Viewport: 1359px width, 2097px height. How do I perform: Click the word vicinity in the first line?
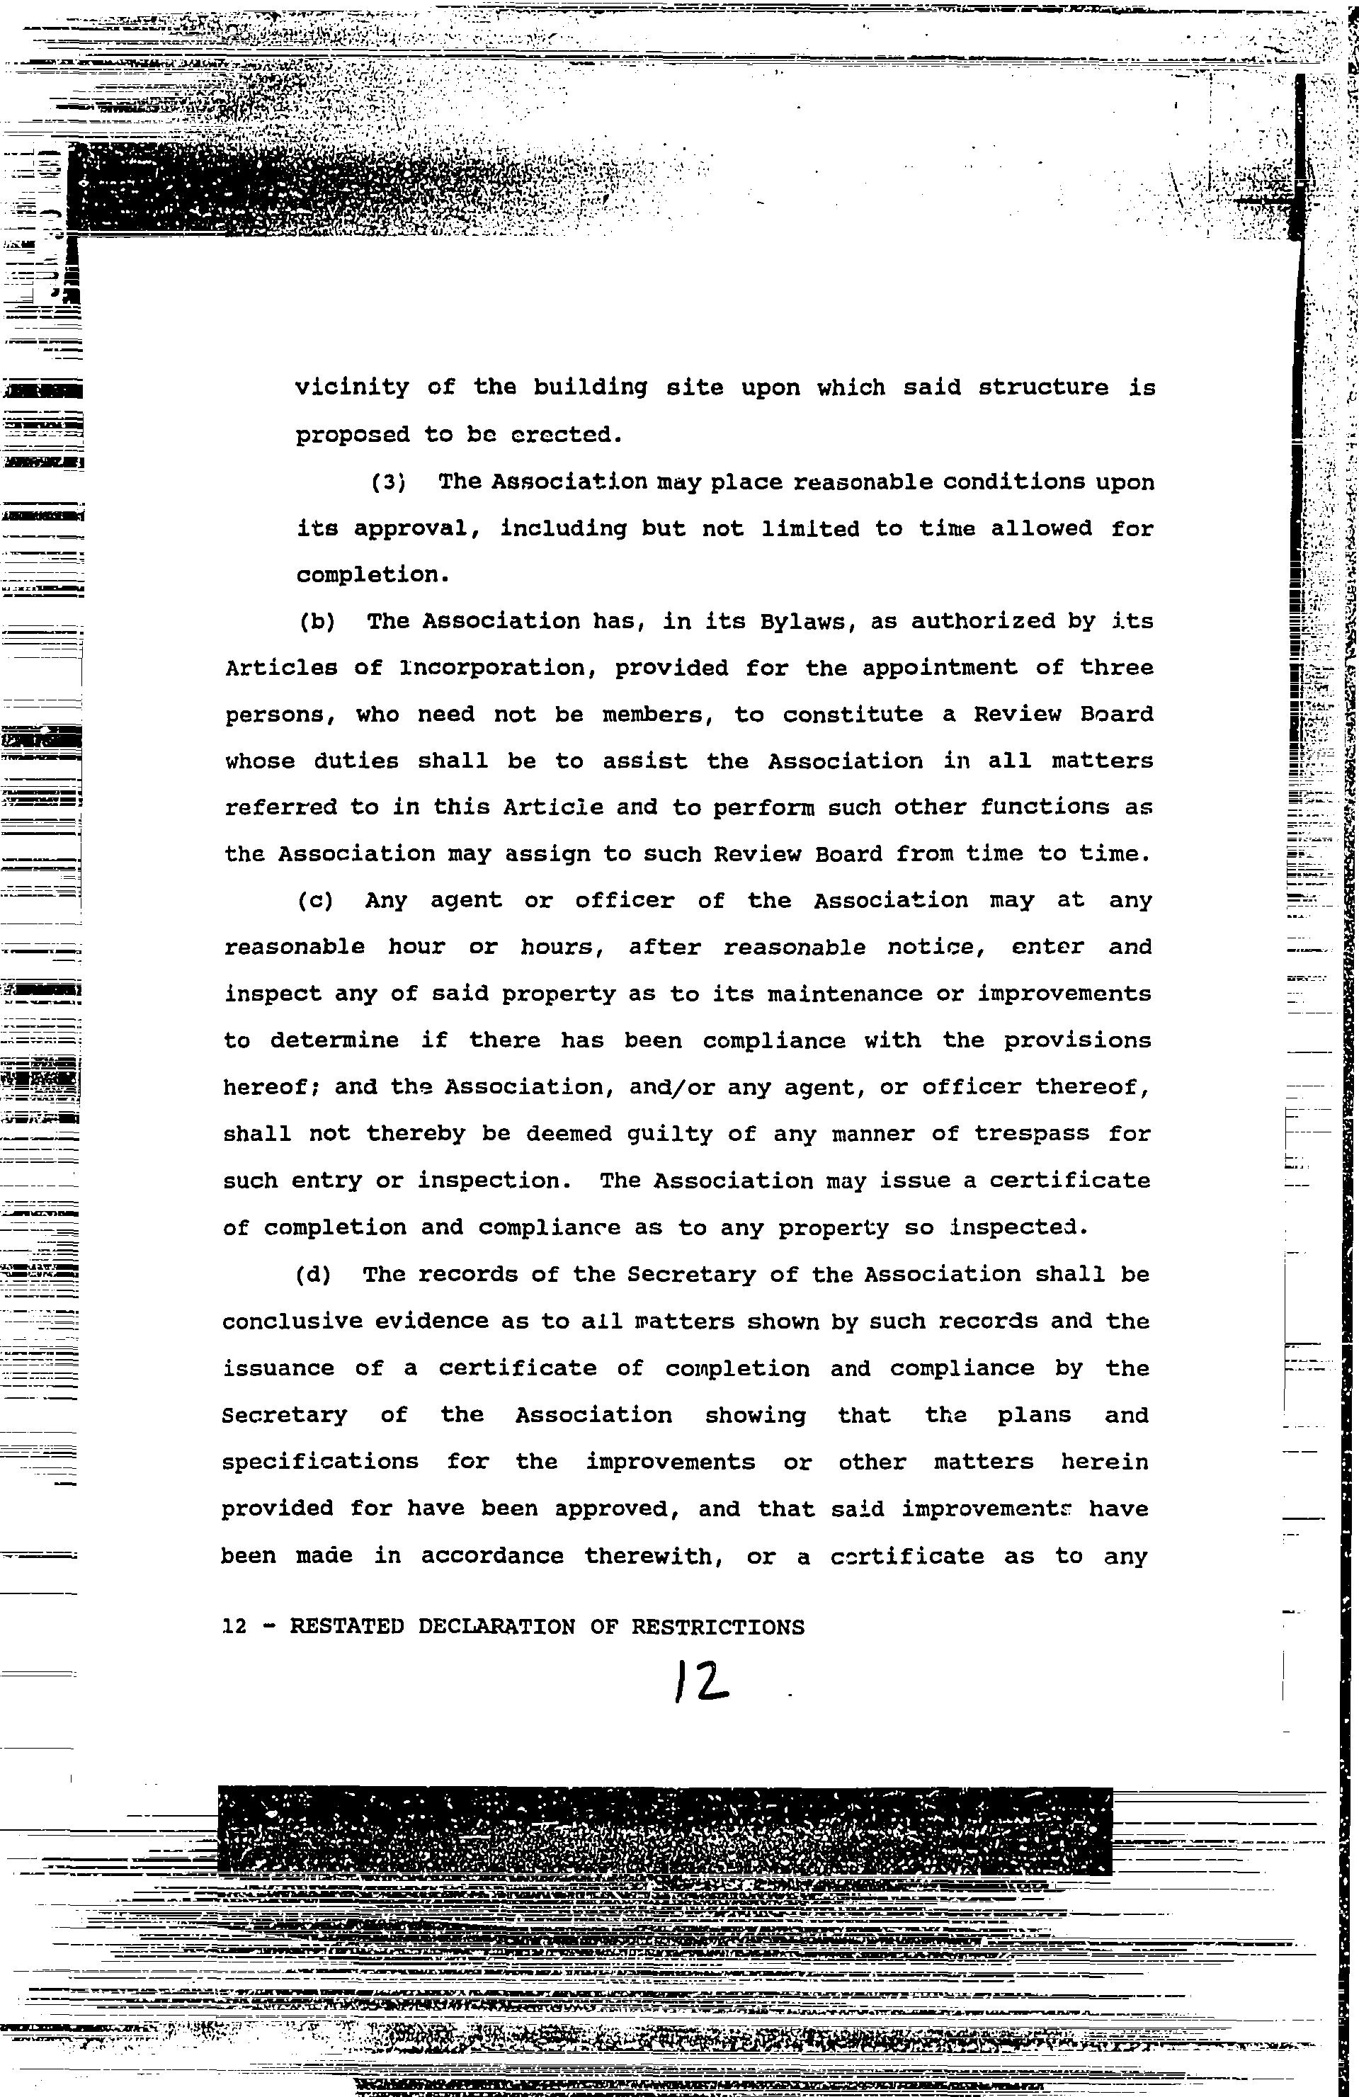[x=352, y=387]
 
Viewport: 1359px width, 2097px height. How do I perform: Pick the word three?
[x=1116, y=668]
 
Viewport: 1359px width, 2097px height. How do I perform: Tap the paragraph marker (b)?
[x=317, y=621]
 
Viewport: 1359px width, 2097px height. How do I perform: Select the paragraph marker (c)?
[x=316, y=900]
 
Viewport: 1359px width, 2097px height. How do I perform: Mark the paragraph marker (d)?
[x=314, y=1274]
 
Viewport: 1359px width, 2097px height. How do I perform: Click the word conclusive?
[x=292, y=1322]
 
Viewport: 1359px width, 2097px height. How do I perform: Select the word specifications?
[x=320, y=1462]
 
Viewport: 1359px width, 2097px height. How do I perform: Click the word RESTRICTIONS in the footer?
[x=717, y=1627]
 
